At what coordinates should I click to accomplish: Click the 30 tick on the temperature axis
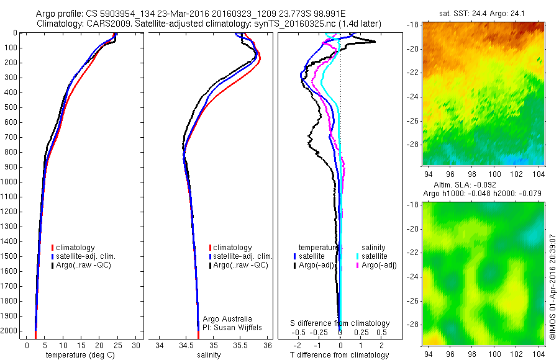click(137, 345)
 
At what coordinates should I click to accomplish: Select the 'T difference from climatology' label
click(339, 355)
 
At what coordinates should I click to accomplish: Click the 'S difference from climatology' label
click(340, 323)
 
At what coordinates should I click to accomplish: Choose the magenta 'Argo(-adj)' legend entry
click(378, 265)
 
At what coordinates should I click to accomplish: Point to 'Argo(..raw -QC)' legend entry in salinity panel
click(240, 265)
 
